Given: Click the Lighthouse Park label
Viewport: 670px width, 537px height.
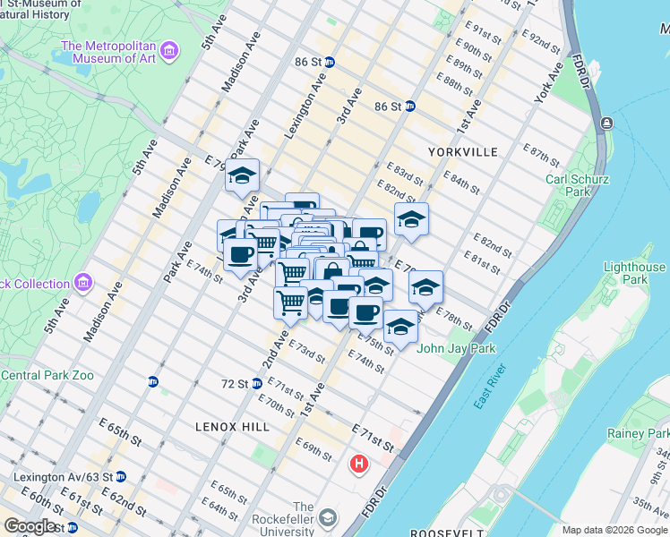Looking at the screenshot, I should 634,273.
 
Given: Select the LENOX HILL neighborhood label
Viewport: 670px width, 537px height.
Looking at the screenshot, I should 232,428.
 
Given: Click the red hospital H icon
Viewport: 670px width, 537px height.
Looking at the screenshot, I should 359,465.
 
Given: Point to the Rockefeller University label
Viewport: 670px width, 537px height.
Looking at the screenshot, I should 304,518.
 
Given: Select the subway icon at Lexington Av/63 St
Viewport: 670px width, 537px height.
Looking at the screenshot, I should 120,477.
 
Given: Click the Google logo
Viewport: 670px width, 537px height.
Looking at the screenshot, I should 30,526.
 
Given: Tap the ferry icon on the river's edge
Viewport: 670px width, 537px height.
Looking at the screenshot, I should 607,123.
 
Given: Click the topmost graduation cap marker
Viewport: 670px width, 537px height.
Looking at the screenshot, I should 242,175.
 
